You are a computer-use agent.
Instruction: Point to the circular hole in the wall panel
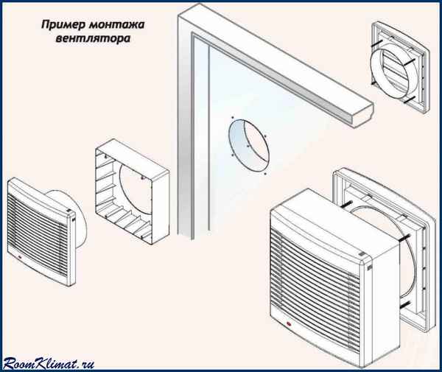pyautogui.click(x=247, y=147)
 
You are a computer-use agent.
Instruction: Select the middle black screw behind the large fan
pyautogui.click(x=401, y=239)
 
